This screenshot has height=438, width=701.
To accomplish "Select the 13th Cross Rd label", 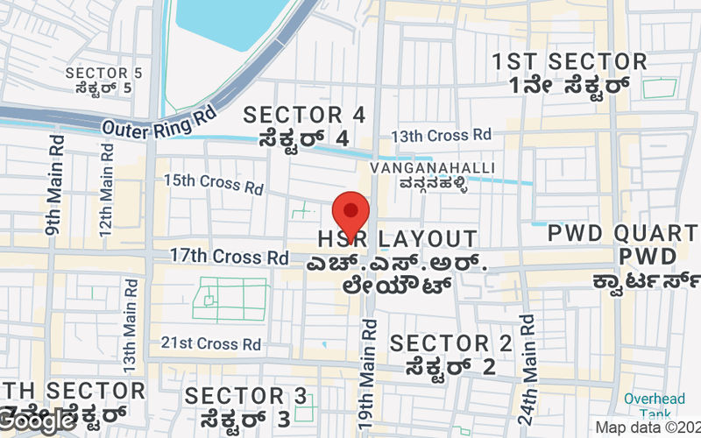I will click(442, 136).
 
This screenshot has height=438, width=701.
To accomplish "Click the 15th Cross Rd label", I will click(214, 184).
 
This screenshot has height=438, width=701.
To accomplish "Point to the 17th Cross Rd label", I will click(229, 257).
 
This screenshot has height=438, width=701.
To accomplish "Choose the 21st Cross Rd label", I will click(211, 343).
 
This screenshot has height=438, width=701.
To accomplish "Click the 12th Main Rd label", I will click(106, 185).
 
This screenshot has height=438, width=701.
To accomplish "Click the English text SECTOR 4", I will click(304, 115).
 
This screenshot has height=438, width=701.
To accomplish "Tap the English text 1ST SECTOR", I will click(570, 62).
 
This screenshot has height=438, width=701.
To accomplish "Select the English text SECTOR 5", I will click(103, 73).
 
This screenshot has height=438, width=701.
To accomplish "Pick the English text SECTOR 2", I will click(451, 343).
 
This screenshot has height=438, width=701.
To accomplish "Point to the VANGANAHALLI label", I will click(433, 167).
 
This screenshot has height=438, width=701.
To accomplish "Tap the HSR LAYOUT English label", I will click(398, 239).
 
